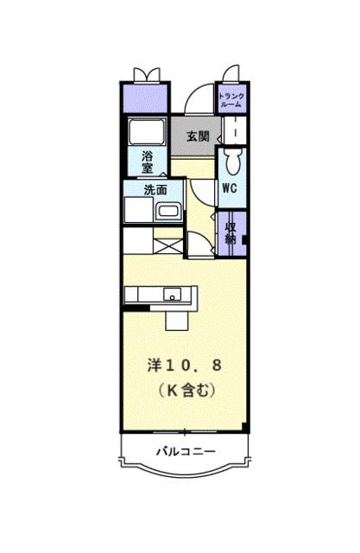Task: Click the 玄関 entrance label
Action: [198, 136]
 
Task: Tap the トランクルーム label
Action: [231, 99]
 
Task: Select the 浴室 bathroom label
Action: [147, 162]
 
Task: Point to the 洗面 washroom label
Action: [155, 189]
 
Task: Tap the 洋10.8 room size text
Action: [184, 365]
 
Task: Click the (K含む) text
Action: [184, 390]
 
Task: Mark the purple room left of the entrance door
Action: [144, 96]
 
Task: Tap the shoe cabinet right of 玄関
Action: [234, 131]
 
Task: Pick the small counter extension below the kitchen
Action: [177, 318]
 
